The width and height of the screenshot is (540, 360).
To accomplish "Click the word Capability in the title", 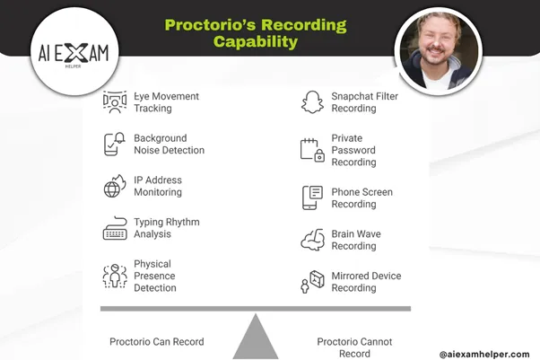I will pyautogui.click(x=256, y=41).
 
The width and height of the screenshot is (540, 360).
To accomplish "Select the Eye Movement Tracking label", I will pyautogui.click(x=166, y=102).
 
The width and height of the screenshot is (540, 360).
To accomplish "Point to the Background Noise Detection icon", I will pyautogui.click(x=114, y=144).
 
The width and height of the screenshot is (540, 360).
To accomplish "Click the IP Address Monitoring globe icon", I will pyautogui.click(x=114, y=187).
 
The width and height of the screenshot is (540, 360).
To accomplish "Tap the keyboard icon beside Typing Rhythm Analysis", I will pyautogui.click(x=114, y=229).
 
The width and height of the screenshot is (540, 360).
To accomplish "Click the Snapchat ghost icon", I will pyautogui.click(x=311, y=102).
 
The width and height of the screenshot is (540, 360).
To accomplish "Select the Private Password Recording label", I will pyautogui.click(x=353, y=150).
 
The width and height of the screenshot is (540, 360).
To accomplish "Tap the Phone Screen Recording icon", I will pyautogui.click(x=311, y=198).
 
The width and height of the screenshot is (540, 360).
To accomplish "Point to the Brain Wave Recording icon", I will pyautogui.click(x=311, y=240).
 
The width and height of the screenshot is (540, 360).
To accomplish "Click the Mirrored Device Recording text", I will pyautogui.click(x=366, y=282).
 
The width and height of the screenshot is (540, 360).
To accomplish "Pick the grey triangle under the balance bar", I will pyautogui.click(x=256, y=337).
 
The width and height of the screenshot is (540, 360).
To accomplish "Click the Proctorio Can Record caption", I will pyautogui.click(x=156, y=342).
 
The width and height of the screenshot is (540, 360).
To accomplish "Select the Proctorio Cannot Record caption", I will pyautogui.click(x=354, y=347).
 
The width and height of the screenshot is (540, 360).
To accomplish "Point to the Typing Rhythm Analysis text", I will pyautogui.click(x=166, y=228).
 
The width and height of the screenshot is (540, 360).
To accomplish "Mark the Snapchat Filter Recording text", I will pyautogui.click(x=364, y=102).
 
